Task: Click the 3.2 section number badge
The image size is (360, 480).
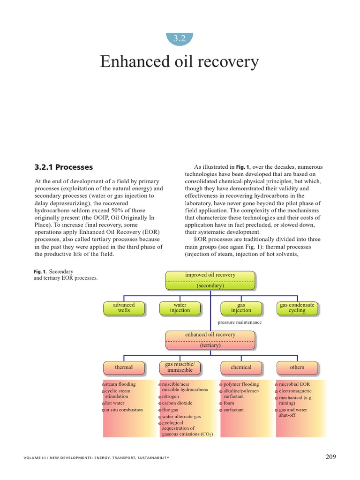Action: coord(180,39)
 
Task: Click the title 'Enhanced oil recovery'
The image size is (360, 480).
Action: coord(180,62)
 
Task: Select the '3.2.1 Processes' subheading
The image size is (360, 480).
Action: coord(64,167)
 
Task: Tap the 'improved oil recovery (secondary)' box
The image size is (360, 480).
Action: coord(210,280)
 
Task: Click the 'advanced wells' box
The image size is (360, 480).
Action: coord(124,307)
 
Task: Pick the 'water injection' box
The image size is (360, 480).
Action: coord(180,307)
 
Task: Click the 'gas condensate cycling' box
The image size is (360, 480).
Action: coord(297,307)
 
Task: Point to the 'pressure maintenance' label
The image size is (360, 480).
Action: coord(240,322)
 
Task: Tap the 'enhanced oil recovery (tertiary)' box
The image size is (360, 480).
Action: coord(210,340)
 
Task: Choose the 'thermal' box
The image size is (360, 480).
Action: coord(124,367)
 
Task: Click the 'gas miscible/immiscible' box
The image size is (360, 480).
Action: coord(180,367)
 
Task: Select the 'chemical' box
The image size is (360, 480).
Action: coord(241,367)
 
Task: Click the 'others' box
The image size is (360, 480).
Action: coord(297,367)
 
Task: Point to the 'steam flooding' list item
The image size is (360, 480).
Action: coord(120,384)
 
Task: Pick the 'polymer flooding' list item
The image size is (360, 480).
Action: coord(241,384)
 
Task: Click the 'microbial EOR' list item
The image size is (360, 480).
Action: coord(294,384)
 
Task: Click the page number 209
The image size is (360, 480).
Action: coord(330,457)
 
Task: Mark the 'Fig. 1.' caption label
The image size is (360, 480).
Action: coord(41,272)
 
